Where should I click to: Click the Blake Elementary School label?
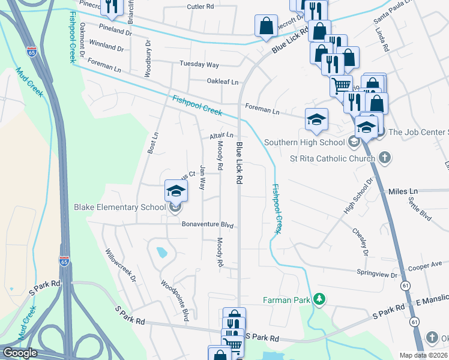tap(119, 208)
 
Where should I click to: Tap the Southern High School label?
tap(306, 142)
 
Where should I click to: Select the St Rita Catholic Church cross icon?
tap(385, 158)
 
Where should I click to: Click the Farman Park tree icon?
tap(321, 299)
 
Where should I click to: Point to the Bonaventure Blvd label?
tap(207, 225)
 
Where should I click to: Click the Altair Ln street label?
tap(221, 136)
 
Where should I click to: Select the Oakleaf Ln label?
tap(223, 82)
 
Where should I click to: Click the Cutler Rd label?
tap(200, 7)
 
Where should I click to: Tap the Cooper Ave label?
tap(424, 263)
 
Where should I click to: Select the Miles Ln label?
tap(402, 191)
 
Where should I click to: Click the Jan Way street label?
tap(203, 178)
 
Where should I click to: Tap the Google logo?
tap(20, 353)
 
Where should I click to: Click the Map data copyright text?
tap(423, 355)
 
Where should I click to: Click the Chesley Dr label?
tap(360, 241)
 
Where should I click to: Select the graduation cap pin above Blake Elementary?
tap(176, 191)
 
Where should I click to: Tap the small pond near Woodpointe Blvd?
tap(161, 253)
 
